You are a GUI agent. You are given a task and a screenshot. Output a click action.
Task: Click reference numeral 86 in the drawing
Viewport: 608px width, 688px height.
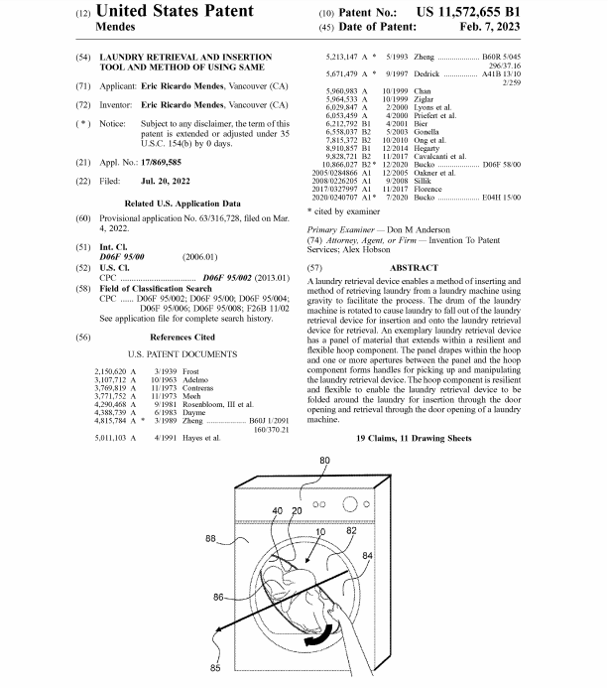pos(218,598)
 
